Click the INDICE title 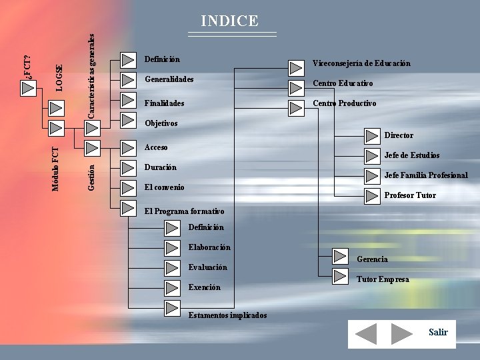tap(229, 21)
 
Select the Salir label tap(438, 332)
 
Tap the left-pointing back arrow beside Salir tap(365, 333)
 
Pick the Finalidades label tap(164, 103)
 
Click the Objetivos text tap(161, 123)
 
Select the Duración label tap(160, 167)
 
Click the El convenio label tap(164, 187)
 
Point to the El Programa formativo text tap(184, 211)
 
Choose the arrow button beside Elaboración tap(172, 249)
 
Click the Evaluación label tap(207, 267)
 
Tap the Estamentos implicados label tap(227, 315)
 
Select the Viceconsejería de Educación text tap(361, 63)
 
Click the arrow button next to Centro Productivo tap(296, 108)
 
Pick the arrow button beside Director tap(371, 137)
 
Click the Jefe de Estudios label tap(411, 155)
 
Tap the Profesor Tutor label tap(410, 195)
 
